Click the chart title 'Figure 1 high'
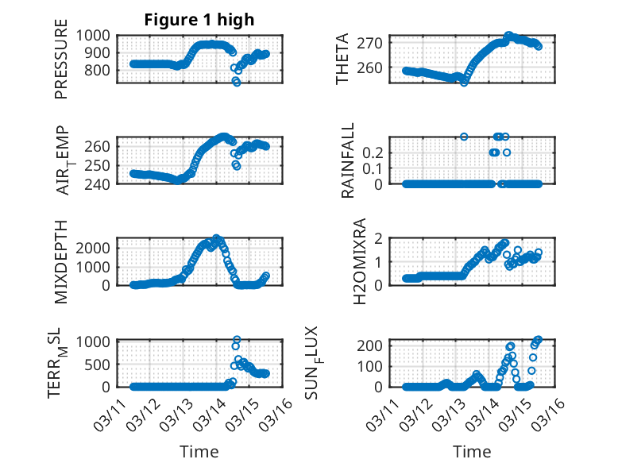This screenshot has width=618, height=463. pos(199,20)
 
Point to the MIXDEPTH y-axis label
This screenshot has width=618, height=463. pos(61,262)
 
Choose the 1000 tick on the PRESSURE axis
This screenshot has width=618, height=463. pos(98,35)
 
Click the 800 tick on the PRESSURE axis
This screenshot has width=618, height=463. pos(102,70)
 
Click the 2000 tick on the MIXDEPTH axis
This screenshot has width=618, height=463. pos(98,247)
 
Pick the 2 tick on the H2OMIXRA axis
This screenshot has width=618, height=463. pos(380,238)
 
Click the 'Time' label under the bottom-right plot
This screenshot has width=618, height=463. pos(472,451)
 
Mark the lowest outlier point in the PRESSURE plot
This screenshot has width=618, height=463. pos(236,82)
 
